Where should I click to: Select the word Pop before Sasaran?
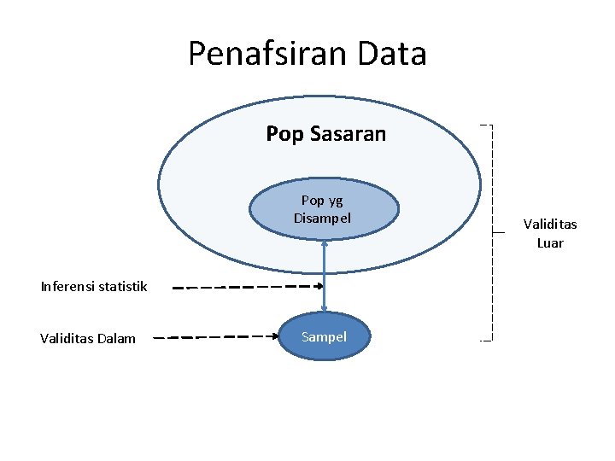(284, 135)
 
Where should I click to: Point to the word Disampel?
(323, 218)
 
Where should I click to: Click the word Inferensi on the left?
(68, 286)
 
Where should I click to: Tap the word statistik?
(123, 286)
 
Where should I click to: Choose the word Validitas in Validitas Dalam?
(67, 338)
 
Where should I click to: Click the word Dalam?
(117, 338)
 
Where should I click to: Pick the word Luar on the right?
(550, 242)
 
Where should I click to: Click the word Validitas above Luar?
(550, 225)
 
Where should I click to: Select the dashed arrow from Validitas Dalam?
(222, 337)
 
